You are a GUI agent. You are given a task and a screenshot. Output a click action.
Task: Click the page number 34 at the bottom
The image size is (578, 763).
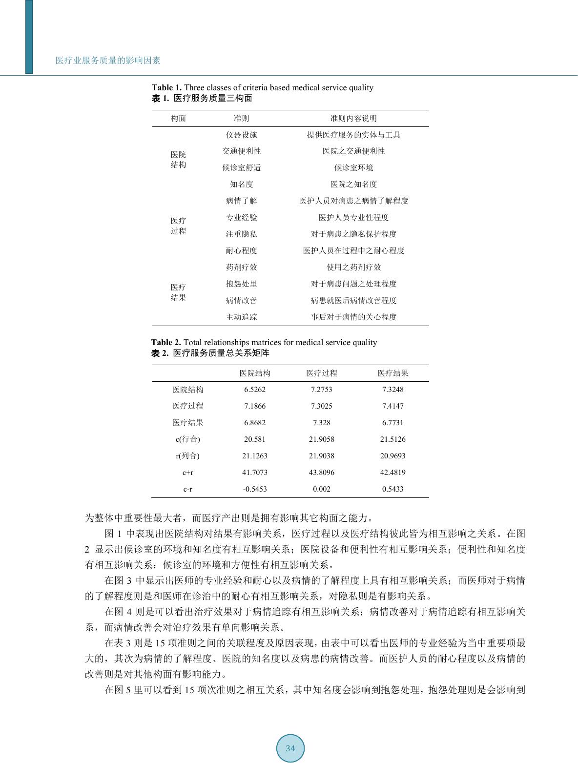click(x=290, y=748)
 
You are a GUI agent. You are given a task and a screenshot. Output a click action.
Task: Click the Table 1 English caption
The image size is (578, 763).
click(x=262, y=88)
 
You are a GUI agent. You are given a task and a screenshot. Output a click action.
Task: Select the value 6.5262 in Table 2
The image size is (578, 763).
click(x=255, y=390)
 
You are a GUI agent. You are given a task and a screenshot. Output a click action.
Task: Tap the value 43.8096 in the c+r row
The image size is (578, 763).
click(x=321, y=473)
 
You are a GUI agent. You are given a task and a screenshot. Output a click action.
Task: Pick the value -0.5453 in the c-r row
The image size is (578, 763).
click(x=255, y=489)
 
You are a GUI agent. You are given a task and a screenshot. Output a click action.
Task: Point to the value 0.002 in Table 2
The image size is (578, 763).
click(x=321, y=489)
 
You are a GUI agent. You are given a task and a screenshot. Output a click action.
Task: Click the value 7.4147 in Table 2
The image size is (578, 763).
click(x=392, y=406)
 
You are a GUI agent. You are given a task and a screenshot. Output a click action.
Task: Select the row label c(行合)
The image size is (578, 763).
click(x=188, y=439)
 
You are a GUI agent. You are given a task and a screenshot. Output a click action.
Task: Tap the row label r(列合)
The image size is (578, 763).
click(x=188, y=456)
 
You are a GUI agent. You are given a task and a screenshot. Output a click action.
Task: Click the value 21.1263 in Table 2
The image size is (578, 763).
click(x=255, y=456)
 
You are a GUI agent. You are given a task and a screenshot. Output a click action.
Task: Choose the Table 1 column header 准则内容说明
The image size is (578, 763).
click(x=353, y=119)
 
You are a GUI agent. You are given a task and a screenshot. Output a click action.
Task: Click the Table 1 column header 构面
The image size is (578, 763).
click(x=178, y=119)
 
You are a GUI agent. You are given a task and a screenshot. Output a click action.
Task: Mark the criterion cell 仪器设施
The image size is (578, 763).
click(x=241, y=135)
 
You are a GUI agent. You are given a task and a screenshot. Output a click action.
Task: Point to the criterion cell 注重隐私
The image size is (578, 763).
click(x=241, y=234)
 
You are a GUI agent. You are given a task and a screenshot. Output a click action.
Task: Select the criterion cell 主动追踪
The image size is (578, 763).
click(x=241, y=317)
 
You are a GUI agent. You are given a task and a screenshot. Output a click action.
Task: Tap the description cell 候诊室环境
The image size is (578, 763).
click(x=353, y=168)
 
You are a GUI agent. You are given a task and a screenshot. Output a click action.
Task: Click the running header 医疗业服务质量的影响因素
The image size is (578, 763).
click(x=108, y=61)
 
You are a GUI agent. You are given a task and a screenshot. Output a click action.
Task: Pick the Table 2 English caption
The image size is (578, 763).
click(x=264, y=343)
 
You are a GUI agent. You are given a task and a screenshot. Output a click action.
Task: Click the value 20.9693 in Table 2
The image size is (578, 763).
click(x=392, y=456)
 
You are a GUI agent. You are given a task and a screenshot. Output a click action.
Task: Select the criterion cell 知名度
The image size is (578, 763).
click(x=241, y=185)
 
